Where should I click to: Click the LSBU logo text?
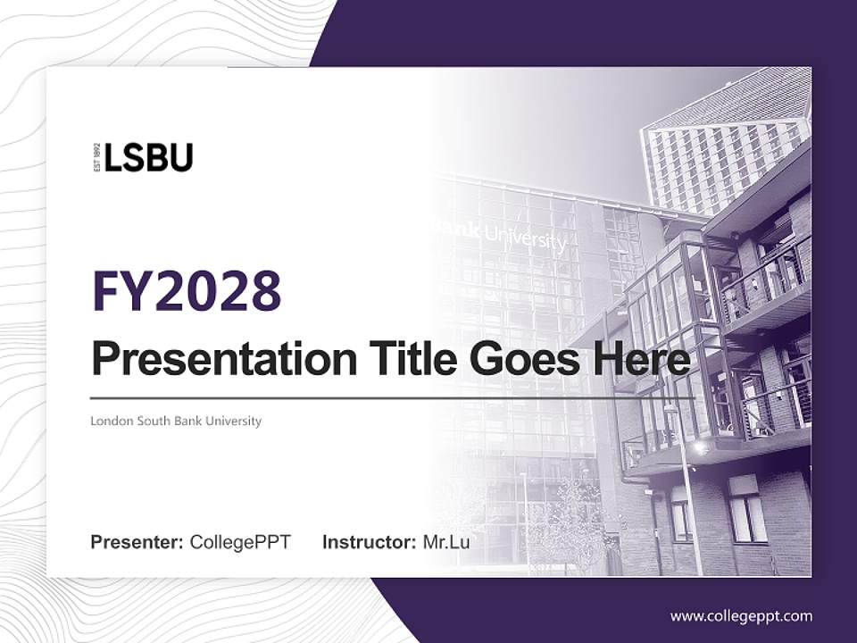(x=148, y=157)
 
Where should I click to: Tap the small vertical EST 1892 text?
(x=96, y=157)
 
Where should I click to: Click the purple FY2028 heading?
(x=187, y=291)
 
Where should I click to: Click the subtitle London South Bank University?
(x=176, y=421)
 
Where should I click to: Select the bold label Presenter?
(x=137, y=542)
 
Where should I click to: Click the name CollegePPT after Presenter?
(x=240, y=542)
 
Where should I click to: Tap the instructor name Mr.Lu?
(x=446, y=542)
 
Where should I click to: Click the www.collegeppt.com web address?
(x=741, y=616)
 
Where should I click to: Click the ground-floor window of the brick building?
(x=748, y=509)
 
